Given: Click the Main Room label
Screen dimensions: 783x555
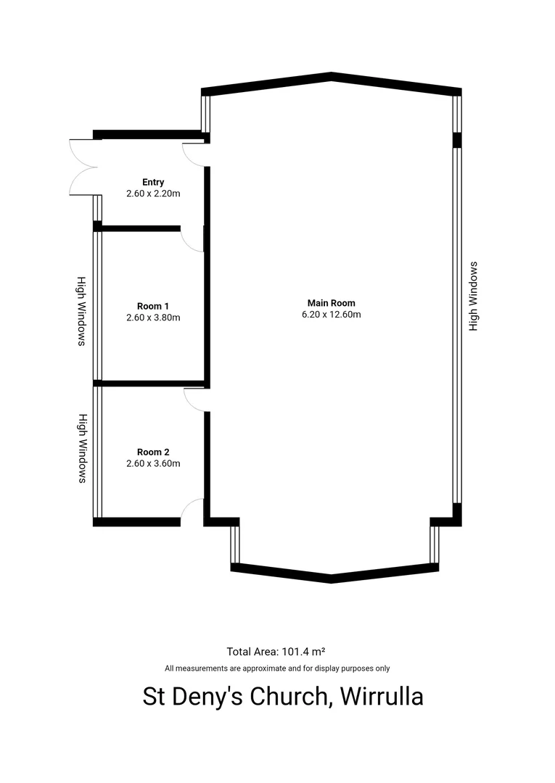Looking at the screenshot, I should [x=331, y=303].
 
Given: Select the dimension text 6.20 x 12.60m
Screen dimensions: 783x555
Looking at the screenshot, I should [x=331, y=315].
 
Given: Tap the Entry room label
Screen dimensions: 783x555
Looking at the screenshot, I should [x=153, y=183].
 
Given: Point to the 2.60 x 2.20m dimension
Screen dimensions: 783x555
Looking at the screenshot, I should [x=153, y=194].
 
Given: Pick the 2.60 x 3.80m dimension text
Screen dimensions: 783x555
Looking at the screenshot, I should [x=153, y=318].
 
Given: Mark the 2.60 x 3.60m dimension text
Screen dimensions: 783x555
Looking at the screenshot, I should [x=153, y=463].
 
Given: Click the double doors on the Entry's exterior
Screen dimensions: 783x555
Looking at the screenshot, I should [x=83, y=167].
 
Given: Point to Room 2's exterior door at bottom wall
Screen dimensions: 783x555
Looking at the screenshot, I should [x=192, y=511].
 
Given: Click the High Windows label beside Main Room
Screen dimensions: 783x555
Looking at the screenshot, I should [x=474, y=297].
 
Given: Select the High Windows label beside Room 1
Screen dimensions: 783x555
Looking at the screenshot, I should [x=82, y=310].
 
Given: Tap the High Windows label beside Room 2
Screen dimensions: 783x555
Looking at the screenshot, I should [x=82, y=448].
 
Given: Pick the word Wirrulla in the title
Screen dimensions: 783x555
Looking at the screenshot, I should [x=382, y=697].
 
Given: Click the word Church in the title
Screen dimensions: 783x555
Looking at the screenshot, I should [x=289, y=697].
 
